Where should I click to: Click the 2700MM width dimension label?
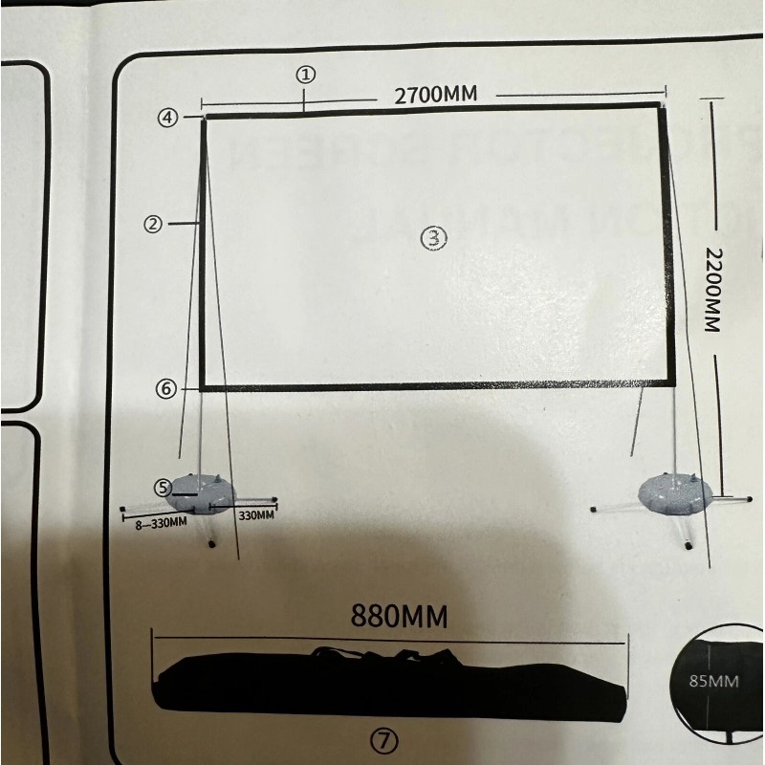click(435, 95)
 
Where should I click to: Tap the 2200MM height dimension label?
click(710, 289)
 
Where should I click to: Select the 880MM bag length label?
click(399, 616)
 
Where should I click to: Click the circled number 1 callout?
click(305, 74)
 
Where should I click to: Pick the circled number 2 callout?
click(151, 224)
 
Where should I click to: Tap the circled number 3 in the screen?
click(434, 238)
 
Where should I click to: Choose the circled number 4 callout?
click(168, 118)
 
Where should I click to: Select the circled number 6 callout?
click(165, 389)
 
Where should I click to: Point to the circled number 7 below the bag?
click(386, 739)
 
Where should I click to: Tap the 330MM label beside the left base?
click(255, 516)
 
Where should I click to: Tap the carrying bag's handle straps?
click(382, 655)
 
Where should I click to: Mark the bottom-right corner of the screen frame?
click(673, 386)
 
